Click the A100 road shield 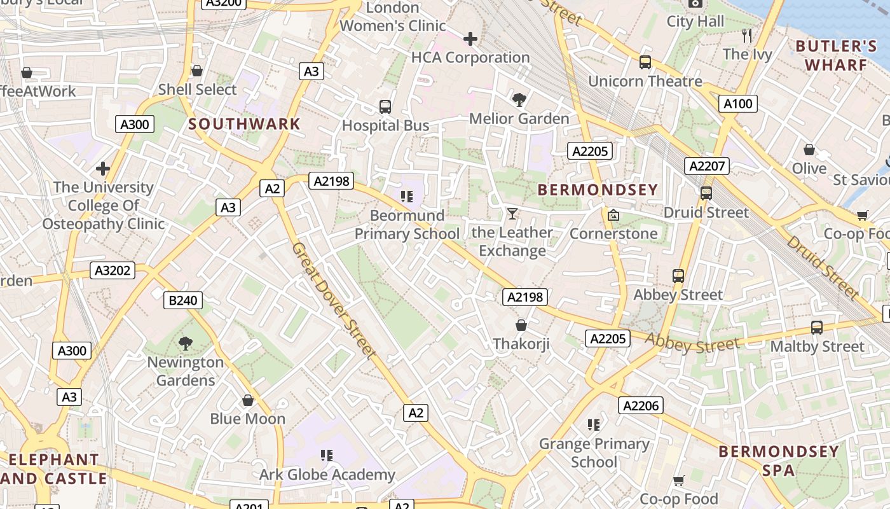738,104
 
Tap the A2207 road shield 707,166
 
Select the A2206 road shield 640,405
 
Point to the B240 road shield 183,300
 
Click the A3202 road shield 113,270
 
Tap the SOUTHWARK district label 244,124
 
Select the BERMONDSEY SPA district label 779,461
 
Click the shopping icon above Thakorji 521,325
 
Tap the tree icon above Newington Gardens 186,344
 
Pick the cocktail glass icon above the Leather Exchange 512,213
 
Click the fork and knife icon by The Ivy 747,36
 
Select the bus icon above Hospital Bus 385,107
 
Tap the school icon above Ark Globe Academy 327,456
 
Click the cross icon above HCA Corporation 470,39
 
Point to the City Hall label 695,22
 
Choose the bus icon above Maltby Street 817,328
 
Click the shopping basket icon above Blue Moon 248,400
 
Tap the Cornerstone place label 613,234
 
